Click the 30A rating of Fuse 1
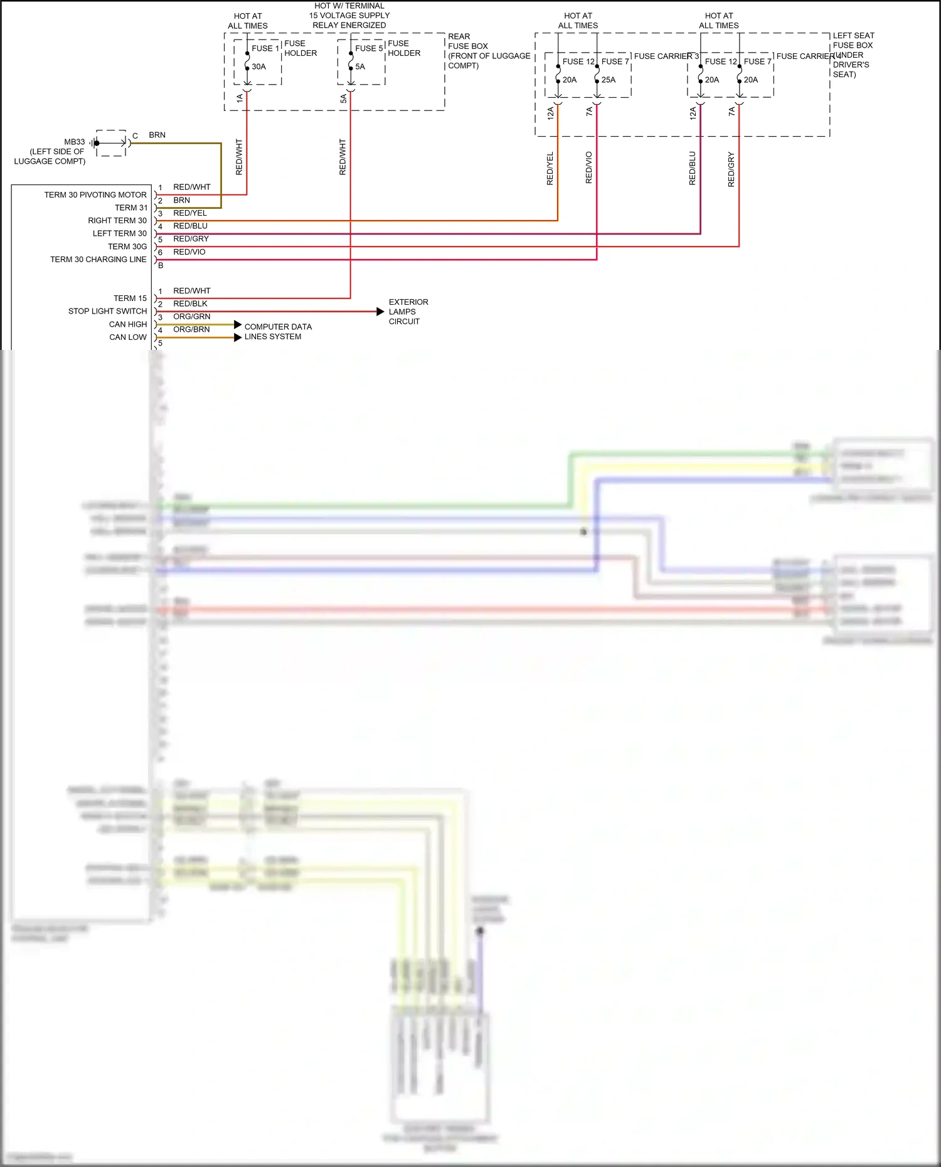[258, 66]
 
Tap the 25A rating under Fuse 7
[609, 80]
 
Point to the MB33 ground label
[74, 142]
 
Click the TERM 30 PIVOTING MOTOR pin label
[95, 195]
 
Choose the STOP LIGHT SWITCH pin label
[107, 311]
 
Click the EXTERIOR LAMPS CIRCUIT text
[408, 312]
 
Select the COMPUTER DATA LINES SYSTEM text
[277, 332]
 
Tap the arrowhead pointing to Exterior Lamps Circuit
[380, 312]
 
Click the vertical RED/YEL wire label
[550, 168]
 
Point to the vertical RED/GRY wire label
[731, 169]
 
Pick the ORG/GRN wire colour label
[191, 317]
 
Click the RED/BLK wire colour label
[190, 304]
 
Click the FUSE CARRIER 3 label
[666, 56]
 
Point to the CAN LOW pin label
[127, 337]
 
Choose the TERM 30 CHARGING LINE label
[98, 260]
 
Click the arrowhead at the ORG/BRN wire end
[238, 337]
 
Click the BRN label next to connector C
[157, 135]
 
